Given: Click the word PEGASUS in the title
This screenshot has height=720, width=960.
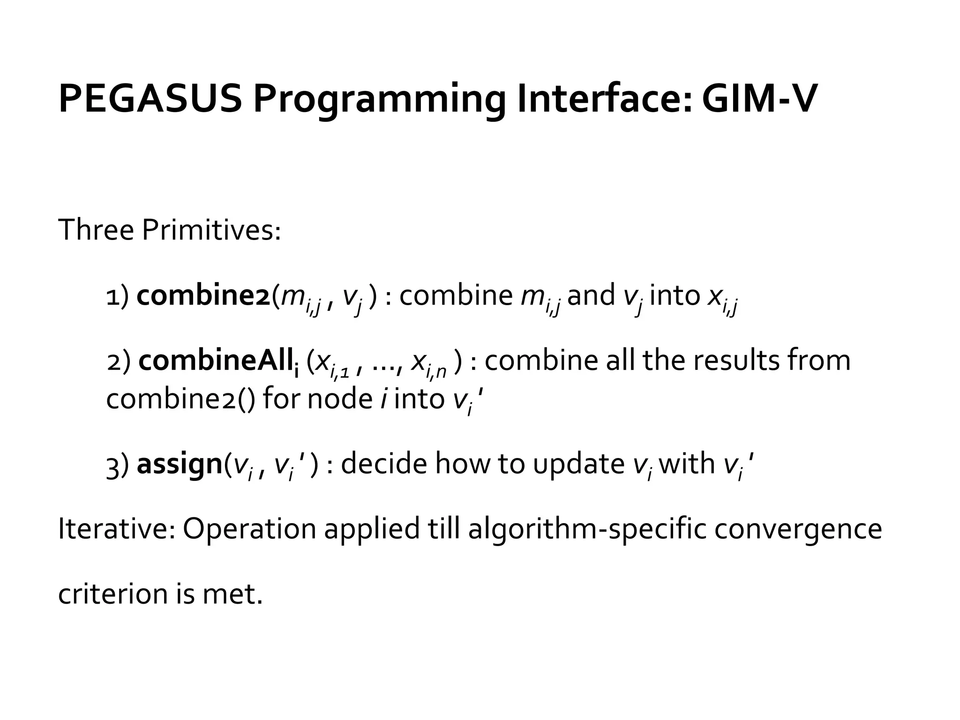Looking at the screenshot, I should coord(150,99).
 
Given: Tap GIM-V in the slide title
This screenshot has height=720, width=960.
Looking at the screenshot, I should coord(759,99).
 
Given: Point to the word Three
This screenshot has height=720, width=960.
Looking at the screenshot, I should coord(96,231).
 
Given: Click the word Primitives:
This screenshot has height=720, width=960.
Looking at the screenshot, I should coord(211,231).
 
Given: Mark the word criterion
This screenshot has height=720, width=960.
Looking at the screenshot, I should coord(112,594).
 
